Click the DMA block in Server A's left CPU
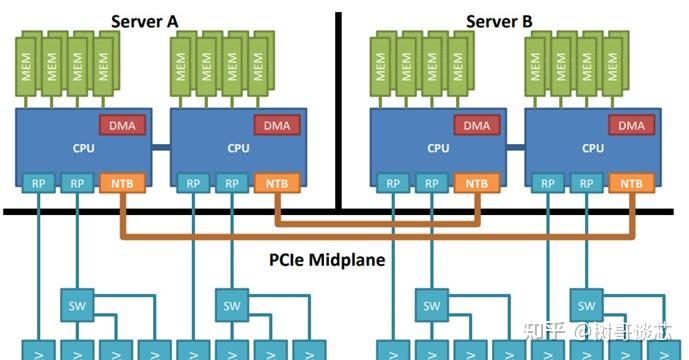123,126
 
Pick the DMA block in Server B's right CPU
632,126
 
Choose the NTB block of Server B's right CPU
632,184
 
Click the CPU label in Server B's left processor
438,149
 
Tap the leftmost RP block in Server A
37,184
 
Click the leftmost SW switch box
76,304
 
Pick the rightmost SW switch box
586,304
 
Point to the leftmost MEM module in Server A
27,66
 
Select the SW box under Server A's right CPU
231,304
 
